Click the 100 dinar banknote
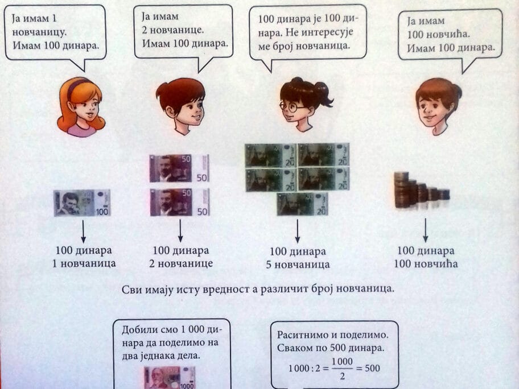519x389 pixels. pos(83,202)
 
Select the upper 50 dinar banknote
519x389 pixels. pos(179,168)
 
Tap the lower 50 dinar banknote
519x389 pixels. pos(179,202)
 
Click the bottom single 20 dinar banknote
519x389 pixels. pos(303,204)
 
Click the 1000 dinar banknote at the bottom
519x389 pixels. pos(169,377)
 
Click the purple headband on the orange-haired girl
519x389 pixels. pos(78,85)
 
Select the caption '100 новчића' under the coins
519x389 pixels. pos(426,263)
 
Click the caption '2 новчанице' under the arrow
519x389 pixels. pos(180,263)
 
